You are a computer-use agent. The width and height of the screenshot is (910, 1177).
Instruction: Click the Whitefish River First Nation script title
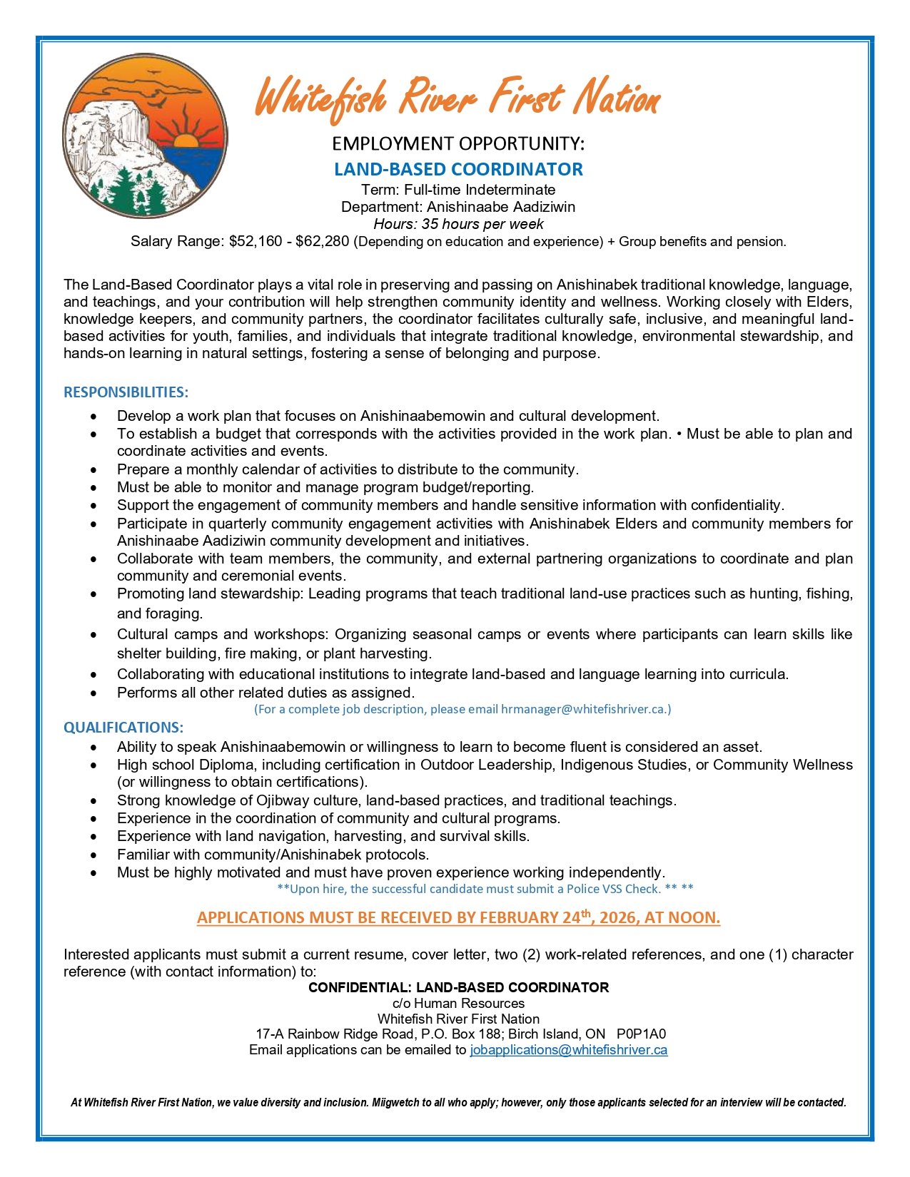pos(457,96)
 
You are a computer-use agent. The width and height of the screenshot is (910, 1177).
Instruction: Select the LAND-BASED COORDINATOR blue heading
pos(458,169)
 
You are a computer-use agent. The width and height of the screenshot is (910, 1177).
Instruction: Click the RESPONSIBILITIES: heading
pos(126,392)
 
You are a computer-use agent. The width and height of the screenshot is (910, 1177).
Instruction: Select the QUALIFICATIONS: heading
pos(123,728)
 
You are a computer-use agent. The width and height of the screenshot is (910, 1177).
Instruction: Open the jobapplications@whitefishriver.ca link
pos(568,1050)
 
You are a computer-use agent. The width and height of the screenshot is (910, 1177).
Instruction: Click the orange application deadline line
pos(458,917)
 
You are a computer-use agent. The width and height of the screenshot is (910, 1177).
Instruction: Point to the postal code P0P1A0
pos(641,1034)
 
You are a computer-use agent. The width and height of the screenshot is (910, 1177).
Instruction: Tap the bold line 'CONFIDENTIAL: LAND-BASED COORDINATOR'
pos(458,988)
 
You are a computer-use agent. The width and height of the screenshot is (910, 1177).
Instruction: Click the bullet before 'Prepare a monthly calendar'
pos(94,470)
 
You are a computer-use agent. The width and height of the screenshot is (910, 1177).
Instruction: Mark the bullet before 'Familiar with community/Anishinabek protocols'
pos(94,855)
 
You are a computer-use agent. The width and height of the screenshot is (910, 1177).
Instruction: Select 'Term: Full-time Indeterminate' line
pos(458,190)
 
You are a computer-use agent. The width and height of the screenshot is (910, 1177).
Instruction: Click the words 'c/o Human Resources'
pos(458,1004)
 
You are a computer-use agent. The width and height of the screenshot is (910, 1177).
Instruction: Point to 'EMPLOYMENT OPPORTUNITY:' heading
pos(458,144)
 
